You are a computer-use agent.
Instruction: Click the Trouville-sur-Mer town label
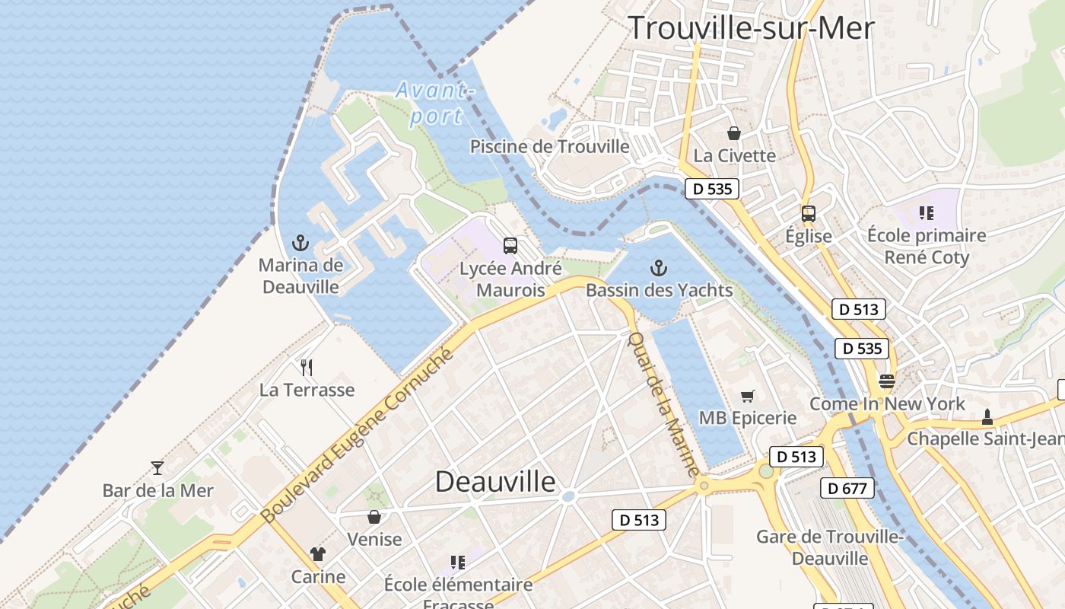click(751, 28)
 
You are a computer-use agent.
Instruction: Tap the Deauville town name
click(495, 481)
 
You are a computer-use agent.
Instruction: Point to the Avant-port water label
click(434, 103)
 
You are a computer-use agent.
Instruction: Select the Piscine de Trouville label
click(549, 146)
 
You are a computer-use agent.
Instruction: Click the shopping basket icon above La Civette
click(734, 134)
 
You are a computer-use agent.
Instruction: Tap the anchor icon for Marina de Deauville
click(300, 244)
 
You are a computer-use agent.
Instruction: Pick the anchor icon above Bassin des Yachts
click(659, 268)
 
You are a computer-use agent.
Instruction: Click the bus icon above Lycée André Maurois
click(510, 246)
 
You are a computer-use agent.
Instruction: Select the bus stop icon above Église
click(808, 214)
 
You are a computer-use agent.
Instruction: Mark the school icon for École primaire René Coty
click(926, 213)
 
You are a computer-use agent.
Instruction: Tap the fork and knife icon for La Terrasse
click(307, 368)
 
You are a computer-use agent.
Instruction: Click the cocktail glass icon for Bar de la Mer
click(157, 467)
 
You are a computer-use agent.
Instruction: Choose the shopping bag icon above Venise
click(374, 517)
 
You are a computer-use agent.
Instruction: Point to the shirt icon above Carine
click(317, 554)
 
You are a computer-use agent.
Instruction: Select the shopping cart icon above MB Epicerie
click(747, 396)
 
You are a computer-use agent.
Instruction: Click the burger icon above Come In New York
click(887, 381)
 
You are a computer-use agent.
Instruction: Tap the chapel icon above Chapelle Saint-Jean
click(987, 416)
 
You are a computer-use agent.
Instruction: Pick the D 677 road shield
click(847, 488)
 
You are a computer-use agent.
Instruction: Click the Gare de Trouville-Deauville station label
click(829, 547)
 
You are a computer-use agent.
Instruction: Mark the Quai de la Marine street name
click(663, 403)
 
